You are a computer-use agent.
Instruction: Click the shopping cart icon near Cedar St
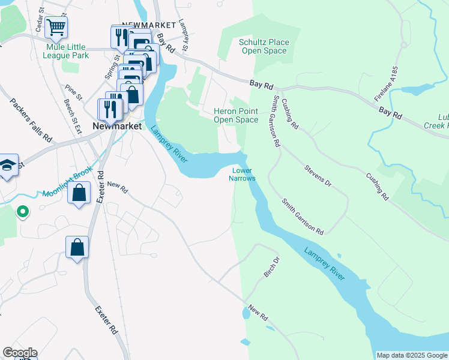[x=56, y=27]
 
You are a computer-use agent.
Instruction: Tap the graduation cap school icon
[x=7, y=166]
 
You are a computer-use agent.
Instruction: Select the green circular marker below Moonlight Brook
[x=22, y=212]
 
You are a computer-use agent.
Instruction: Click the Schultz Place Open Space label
[x=264, y=46]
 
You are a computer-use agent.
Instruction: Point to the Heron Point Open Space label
[x=236, y=115]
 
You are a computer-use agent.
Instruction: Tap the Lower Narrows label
[x=244, y=174]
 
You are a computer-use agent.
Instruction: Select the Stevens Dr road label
[x=318, y=175]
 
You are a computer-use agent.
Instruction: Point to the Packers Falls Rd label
[x=31, y=120]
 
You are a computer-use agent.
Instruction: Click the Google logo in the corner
[x=20, y=353]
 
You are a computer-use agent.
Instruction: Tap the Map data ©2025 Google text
[x=411, y=355]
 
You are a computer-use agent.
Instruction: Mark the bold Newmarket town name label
[x=117, y=127]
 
